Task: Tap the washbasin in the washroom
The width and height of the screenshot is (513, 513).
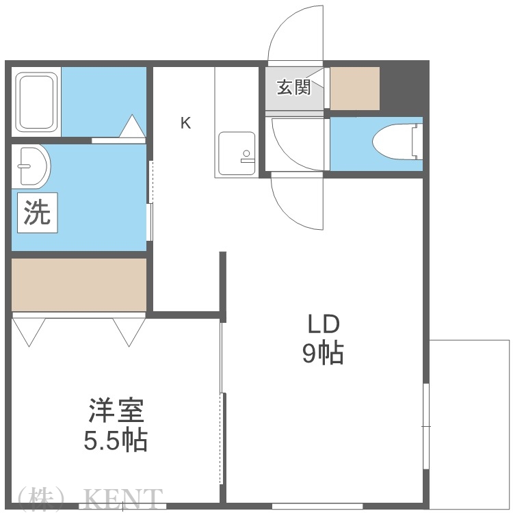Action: click(32, 166)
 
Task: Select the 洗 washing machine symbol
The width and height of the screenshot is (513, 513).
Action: click(38, 213)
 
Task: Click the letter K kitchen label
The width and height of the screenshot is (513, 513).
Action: click(185, 123)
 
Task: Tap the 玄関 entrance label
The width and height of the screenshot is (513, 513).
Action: click(293, 87)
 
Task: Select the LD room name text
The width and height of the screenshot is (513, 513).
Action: click(322, 323)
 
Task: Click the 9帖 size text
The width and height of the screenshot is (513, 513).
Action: click(322, 353)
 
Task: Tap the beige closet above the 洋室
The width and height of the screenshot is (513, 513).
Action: click(79, 284)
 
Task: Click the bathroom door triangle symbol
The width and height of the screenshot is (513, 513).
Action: click(132, 126)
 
